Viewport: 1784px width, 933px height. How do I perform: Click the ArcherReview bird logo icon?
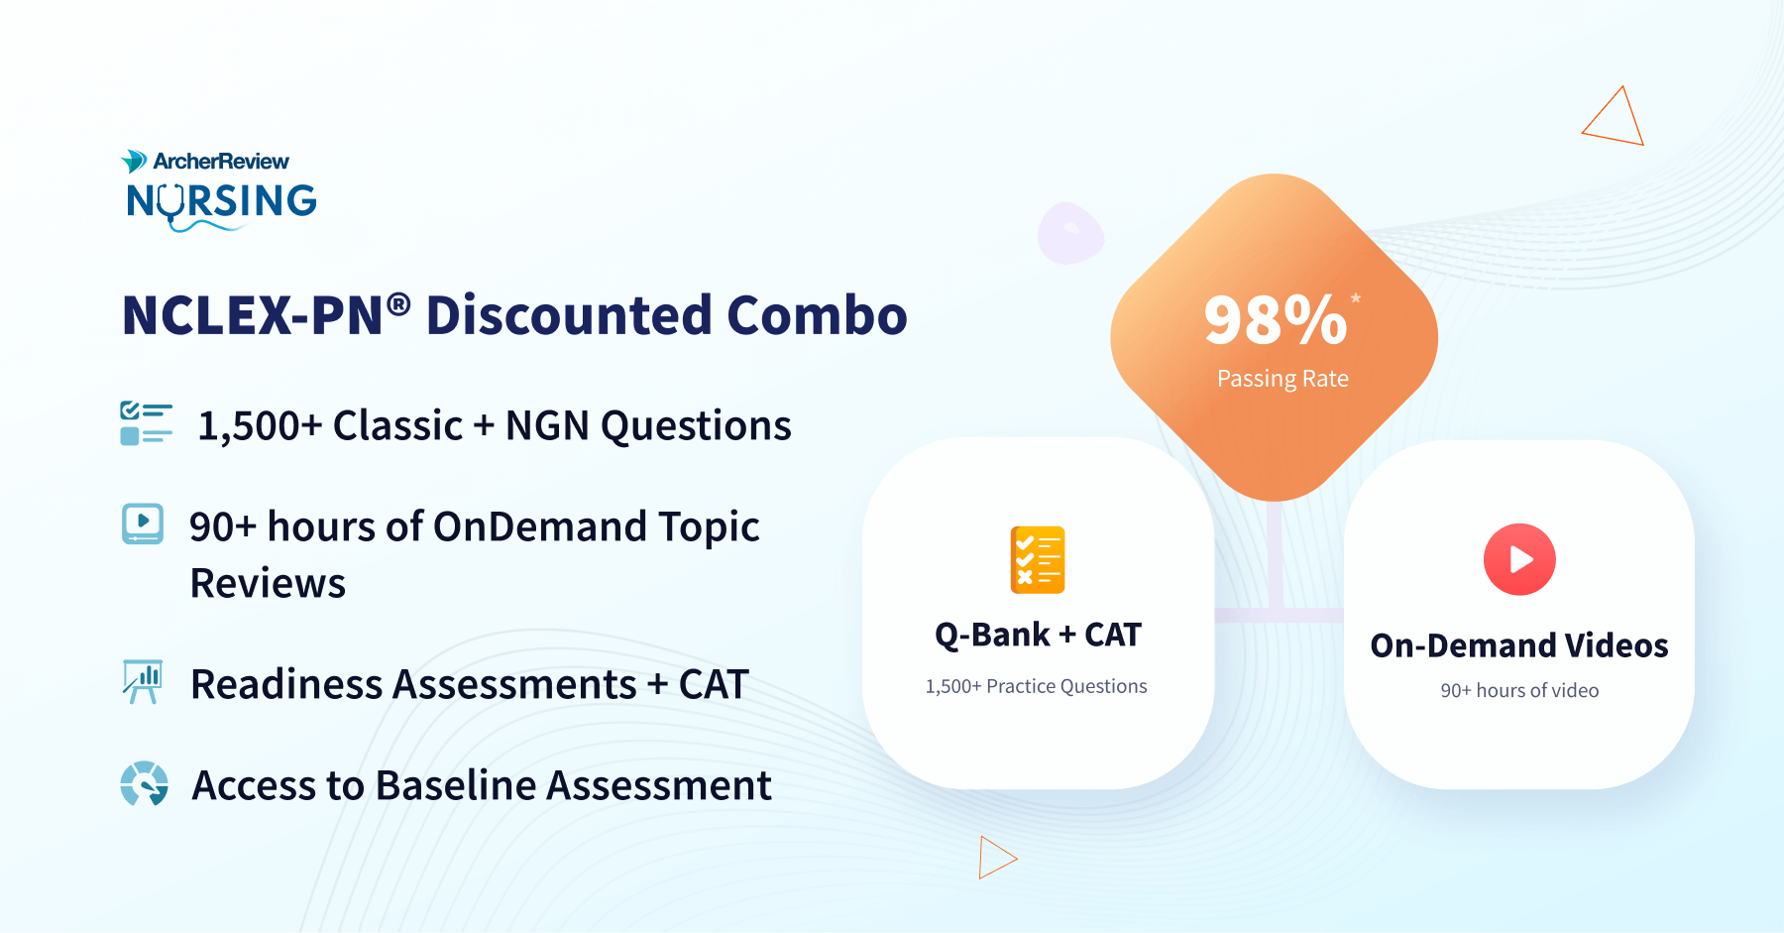coord(134,161)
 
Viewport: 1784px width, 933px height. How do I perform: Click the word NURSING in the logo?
coord(222,201)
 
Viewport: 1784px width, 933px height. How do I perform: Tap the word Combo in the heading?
coord(817,315)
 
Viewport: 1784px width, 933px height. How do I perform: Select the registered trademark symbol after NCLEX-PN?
coord(398,303)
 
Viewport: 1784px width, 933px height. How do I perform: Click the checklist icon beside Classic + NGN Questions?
coord(146,423)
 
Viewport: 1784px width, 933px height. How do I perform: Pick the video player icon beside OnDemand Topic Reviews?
coord(143,524)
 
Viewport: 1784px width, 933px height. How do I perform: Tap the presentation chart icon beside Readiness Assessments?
coord(142,682)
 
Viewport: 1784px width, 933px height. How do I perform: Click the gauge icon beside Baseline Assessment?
coord(145,784)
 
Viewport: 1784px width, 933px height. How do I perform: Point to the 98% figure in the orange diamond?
coord(1276,320)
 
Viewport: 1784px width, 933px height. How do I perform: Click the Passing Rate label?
coord(1282,379)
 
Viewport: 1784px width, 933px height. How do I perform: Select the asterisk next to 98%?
coord(1356,297)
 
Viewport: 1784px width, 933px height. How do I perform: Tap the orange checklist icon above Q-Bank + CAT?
coord(1038,560)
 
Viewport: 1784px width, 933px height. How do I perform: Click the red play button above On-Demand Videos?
coord(1519,559)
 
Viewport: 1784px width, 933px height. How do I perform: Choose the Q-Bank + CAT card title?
coord(1038,635)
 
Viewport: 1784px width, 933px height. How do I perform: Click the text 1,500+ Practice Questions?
coord(1036,686)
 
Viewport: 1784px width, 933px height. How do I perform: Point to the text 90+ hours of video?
coord(1519,690)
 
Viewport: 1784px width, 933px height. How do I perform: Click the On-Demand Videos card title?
coord(1519,645)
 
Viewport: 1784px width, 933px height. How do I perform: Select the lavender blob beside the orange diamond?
coord(1070,233)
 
